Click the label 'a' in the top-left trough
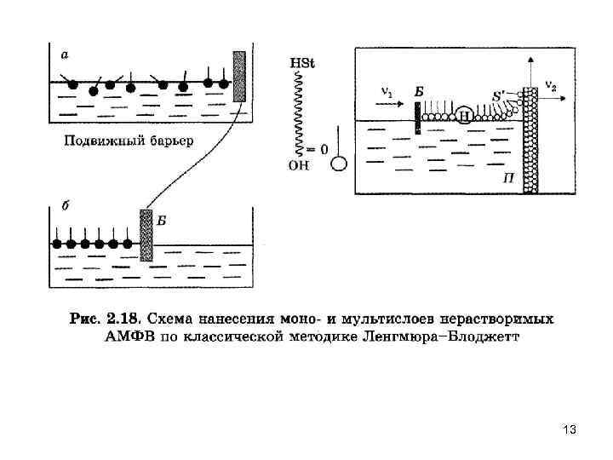(x=64, y=55)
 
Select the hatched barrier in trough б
(x=146, y=235)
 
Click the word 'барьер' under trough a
(x=167, y=140)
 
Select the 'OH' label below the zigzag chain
(x=299, y=166)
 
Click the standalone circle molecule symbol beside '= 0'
(x=339, y=162)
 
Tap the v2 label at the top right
(x=551, y=86)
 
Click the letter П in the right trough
(x=507, y=177)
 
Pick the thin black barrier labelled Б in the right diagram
(x=417, y=118)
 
